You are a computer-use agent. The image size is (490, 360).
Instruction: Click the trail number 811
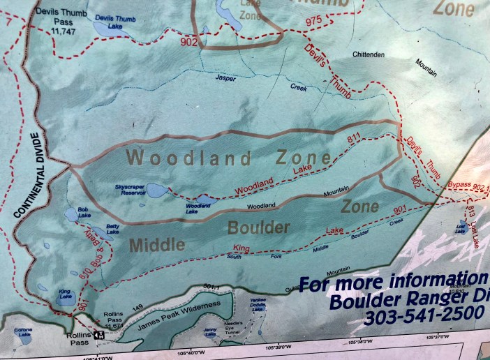point(355,140)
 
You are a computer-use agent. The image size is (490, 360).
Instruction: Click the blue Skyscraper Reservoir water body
point(156,190)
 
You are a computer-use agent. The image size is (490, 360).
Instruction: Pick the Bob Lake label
point(84,215)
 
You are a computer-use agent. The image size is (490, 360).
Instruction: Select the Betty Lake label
point(112,231)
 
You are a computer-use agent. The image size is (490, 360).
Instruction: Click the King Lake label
point(65,292)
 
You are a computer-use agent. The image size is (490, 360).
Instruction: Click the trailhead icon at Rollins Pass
point(99,334)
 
